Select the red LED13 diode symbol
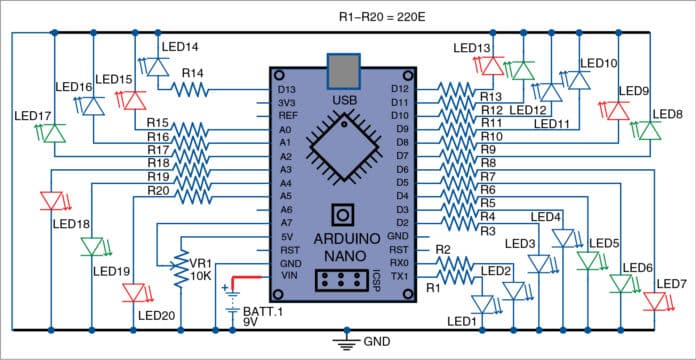click(x=490, y=66)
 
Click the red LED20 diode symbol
click(x=133, y=293)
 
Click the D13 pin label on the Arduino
click(x=285, y=90)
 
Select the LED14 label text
click(x=177, y=46)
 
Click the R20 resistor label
click(x=157, y=190)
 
